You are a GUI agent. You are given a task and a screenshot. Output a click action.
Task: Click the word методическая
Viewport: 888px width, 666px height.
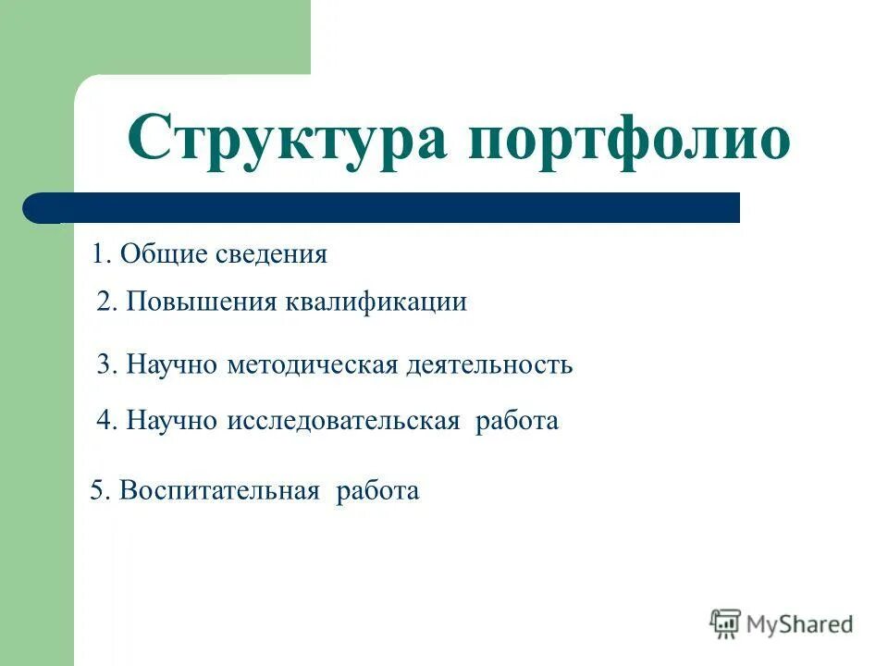point(313,364)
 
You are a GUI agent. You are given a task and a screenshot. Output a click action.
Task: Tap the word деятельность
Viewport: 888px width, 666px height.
point(489,364)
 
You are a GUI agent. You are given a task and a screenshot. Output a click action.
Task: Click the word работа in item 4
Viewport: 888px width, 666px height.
point(517,421)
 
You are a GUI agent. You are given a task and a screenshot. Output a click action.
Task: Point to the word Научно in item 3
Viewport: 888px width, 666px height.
point(171,364)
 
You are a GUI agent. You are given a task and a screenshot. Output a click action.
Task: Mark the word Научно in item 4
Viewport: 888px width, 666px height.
point(171,421)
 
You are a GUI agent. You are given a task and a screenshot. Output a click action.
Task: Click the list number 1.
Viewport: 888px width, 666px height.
point(99,253)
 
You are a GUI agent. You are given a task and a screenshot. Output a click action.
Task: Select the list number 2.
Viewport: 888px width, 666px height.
point(105,302)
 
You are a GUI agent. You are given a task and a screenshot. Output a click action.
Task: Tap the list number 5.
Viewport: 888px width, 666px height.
point(98,490)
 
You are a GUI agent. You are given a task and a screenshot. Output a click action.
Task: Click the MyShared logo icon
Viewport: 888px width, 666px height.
point(725,623)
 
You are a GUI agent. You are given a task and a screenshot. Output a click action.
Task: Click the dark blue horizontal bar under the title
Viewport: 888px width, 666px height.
point(388,208)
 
